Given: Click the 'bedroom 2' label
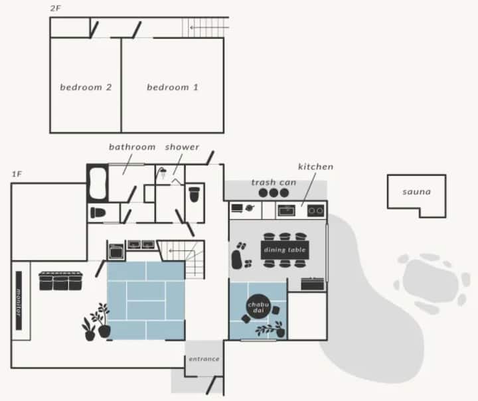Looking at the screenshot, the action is [x=86, y=88].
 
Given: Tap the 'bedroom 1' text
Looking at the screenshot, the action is [x=173, y=88].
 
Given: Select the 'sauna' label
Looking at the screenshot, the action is [x=416, y=192].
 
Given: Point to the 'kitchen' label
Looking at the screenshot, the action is [x=315, y=167].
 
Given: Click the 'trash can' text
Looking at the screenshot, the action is [x=274, y=183].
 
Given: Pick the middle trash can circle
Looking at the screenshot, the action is [x=274, y=193].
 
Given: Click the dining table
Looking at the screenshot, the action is [x=285, y=250].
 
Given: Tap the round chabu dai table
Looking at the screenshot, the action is [x=258, y=307].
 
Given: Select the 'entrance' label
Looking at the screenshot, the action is [x=204, y=359].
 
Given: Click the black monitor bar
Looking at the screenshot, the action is [x=19, y=300].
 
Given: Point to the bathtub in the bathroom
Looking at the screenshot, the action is [x=98, y=183].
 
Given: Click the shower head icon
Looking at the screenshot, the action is [x=162, y=173].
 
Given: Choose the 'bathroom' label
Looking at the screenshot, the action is [x=132, y=147].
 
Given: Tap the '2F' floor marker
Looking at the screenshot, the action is [x=55, y=9].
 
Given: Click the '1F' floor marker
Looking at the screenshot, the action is [x=17, y=174].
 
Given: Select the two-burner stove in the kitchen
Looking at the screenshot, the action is [x=315, y=210].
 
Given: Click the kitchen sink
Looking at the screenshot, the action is [x=287, y=210].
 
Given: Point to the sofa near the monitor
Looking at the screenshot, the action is [x=60, y=281].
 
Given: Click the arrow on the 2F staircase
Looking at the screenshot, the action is [x=209, y=27].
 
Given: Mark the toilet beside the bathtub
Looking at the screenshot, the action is [x=98, y=212].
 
